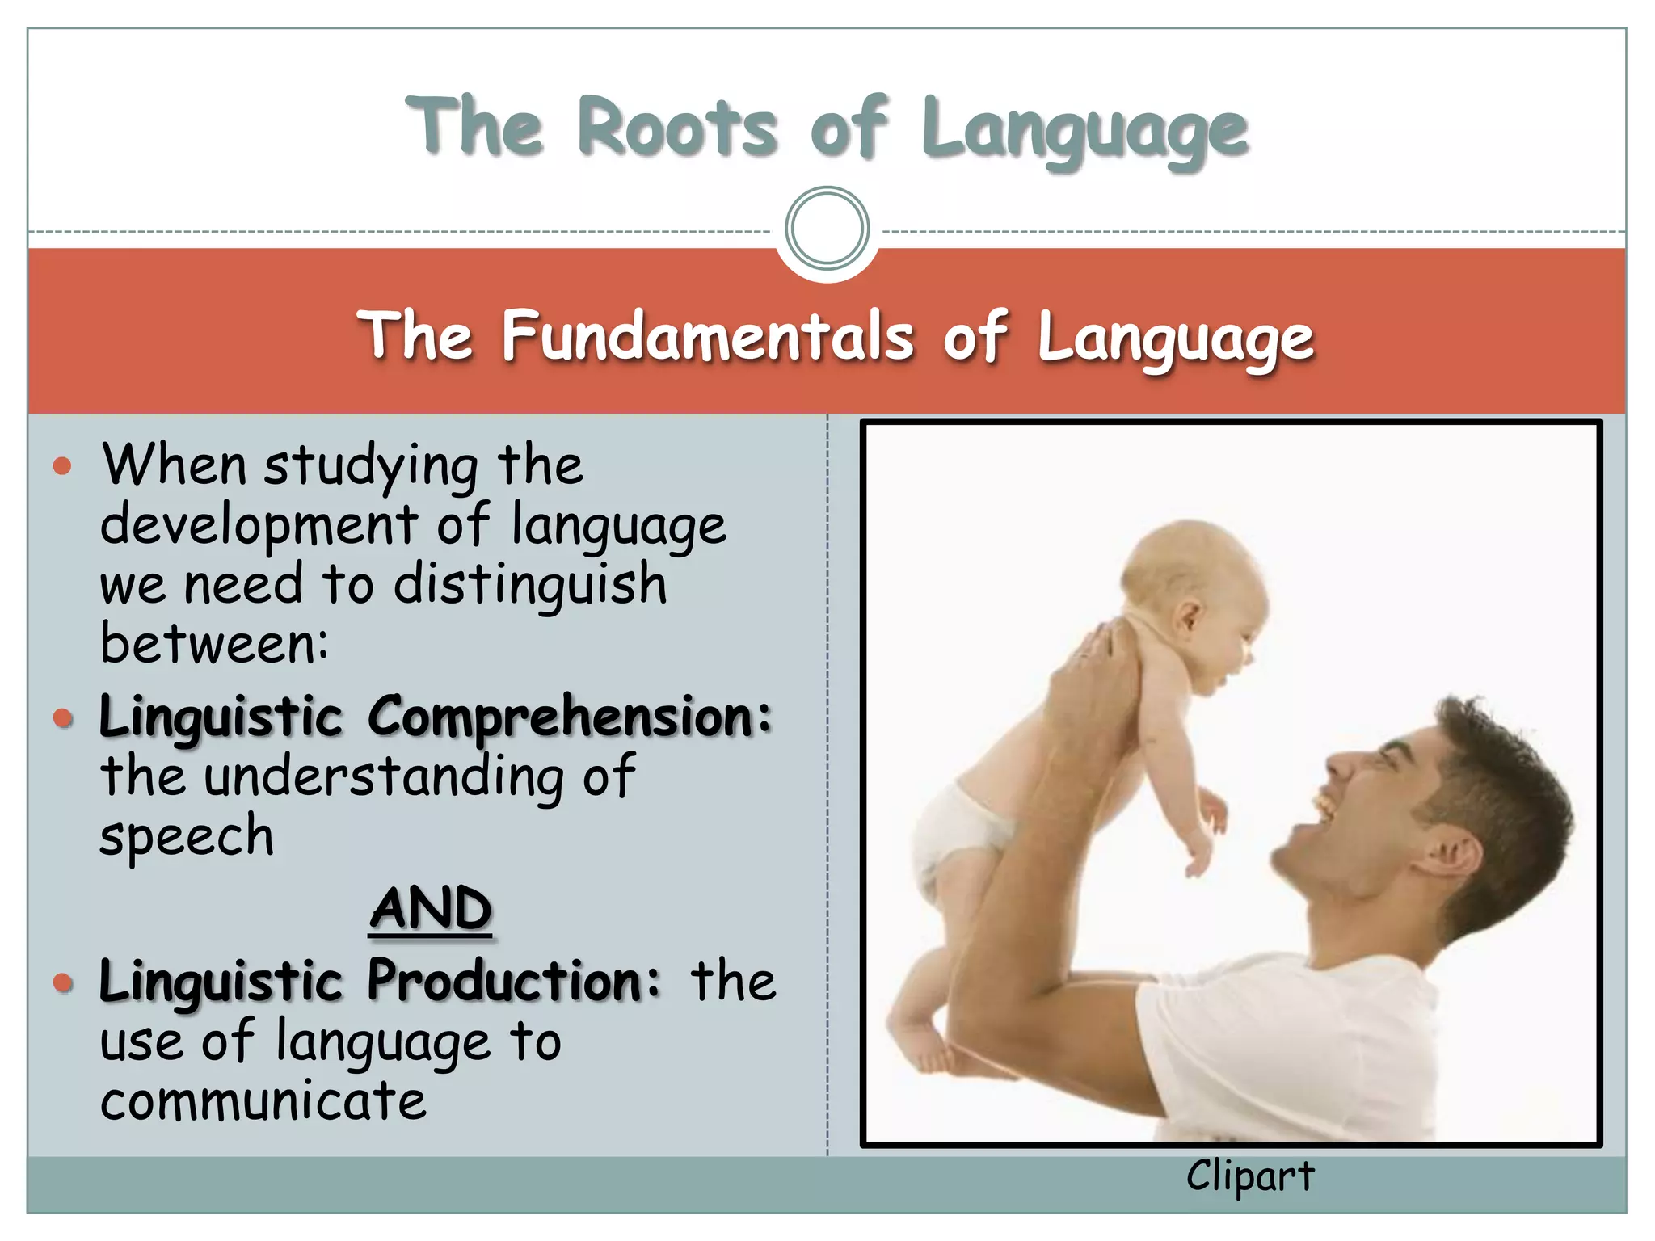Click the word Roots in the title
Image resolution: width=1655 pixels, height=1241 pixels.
677,128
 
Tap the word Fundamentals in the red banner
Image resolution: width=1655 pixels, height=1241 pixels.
708,336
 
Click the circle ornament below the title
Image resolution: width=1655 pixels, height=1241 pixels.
827,229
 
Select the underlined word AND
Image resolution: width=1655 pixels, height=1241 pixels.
430,908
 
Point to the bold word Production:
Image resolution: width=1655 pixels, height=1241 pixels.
514,981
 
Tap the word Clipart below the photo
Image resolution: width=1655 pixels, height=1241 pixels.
1249,1176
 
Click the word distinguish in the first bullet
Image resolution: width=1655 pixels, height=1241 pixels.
530,584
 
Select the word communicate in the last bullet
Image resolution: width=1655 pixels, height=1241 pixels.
263,1100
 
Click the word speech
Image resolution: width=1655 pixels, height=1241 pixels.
187,836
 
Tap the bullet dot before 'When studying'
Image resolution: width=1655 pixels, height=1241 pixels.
62,466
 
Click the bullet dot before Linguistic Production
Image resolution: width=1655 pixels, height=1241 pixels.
62,982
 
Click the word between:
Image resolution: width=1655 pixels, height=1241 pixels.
214,643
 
